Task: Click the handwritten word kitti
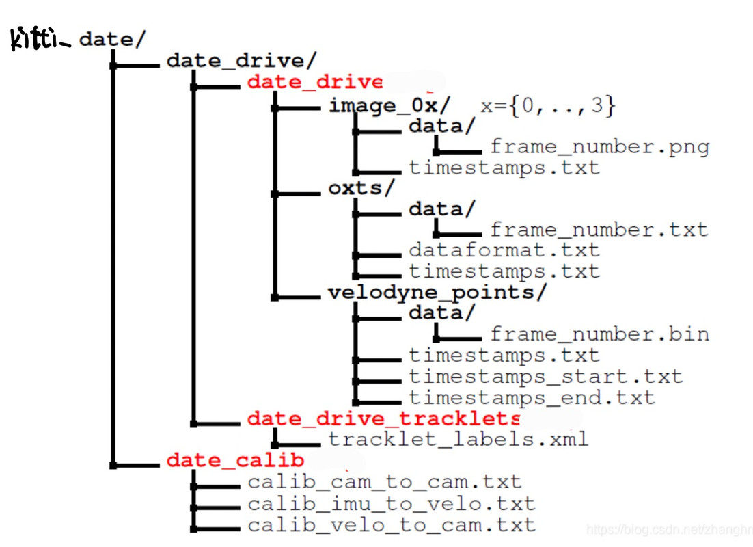click(40, 39)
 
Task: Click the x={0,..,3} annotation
click(549, 106)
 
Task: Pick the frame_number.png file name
click(599, 147)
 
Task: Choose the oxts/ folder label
click(361, 188)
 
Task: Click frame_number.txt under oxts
click(599, 230)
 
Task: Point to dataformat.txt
click(504, 250)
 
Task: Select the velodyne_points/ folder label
click(437, 293)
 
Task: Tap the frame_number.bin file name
click(599, 334)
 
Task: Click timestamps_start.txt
click(545, 376)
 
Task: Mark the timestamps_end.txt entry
click(532, 397)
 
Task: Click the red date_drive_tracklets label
click(383, 418)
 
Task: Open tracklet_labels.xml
click(458, 438)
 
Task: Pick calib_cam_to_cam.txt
click(384, 482)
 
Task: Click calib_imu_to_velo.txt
click(391, 504)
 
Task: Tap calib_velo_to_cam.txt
click(391, 525)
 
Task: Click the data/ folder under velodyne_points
click(441, 313)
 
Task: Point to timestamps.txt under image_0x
click(504, 168)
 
